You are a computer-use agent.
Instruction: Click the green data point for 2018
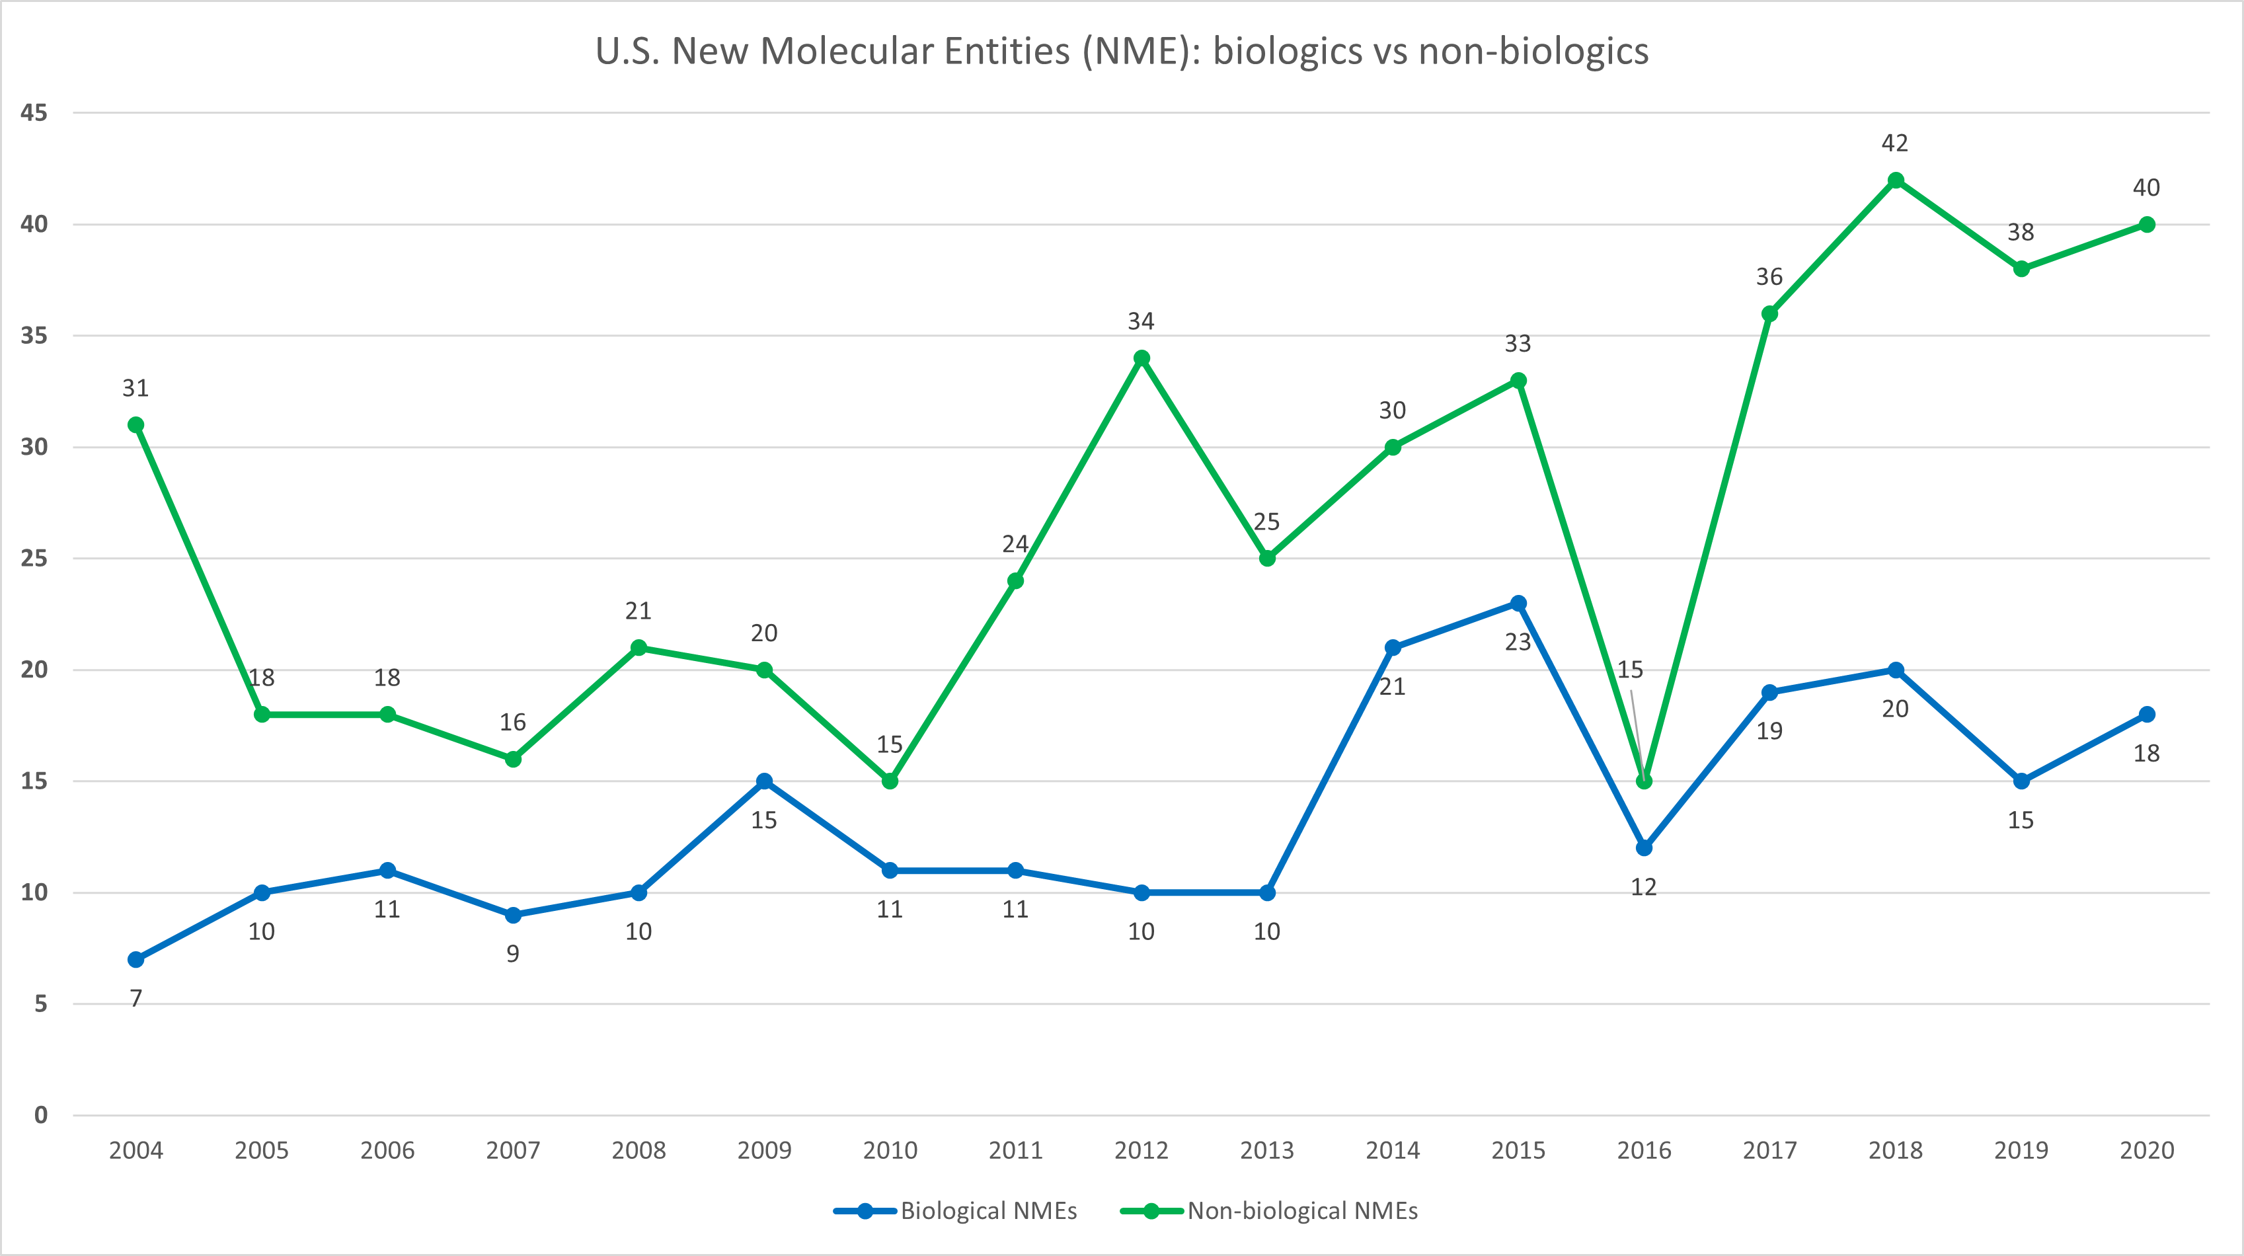(x=1895, y=180)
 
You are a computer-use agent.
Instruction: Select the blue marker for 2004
(x=136, y=959)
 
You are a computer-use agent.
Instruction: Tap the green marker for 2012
(x=1141, y=358)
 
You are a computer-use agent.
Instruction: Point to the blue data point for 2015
(x=1518, y=603)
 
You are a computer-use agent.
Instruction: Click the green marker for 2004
(x=136, y=425)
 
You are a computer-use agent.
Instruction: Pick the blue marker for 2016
(x=1643, y=847)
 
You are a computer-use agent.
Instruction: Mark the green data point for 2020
(x=2146, y=225)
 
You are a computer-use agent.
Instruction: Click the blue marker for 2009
(x=764, y=781)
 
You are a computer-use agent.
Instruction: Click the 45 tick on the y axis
(x=34, y=112)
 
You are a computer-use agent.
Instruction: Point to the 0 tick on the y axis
(x=41, y=1115)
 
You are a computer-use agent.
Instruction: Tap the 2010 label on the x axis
(x=890, y=1151)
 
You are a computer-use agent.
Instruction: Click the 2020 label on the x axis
(x=2146, y=1151)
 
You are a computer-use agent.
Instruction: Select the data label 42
(x=1895, y=143)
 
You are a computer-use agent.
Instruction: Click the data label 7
(x=136, y=998)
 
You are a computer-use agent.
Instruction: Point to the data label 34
(x=1141, y=321)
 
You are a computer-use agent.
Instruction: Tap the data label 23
(x=1518, y=642)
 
